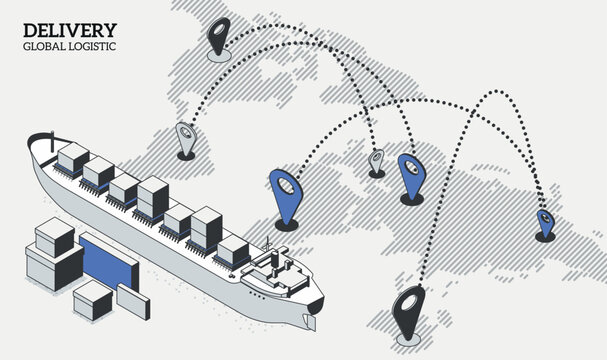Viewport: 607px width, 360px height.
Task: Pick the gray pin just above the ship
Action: coord(185,138)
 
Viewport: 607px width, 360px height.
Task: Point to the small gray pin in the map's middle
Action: coord(377,160)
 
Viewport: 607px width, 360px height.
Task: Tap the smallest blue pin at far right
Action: coord(545,222)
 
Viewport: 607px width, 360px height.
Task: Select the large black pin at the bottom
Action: coord(411,313)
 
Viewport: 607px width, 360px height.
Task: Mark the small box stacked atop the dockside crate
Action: coord(51,237)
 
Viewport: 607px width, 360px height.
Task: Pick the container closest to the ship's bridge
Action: coord(232,250)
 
